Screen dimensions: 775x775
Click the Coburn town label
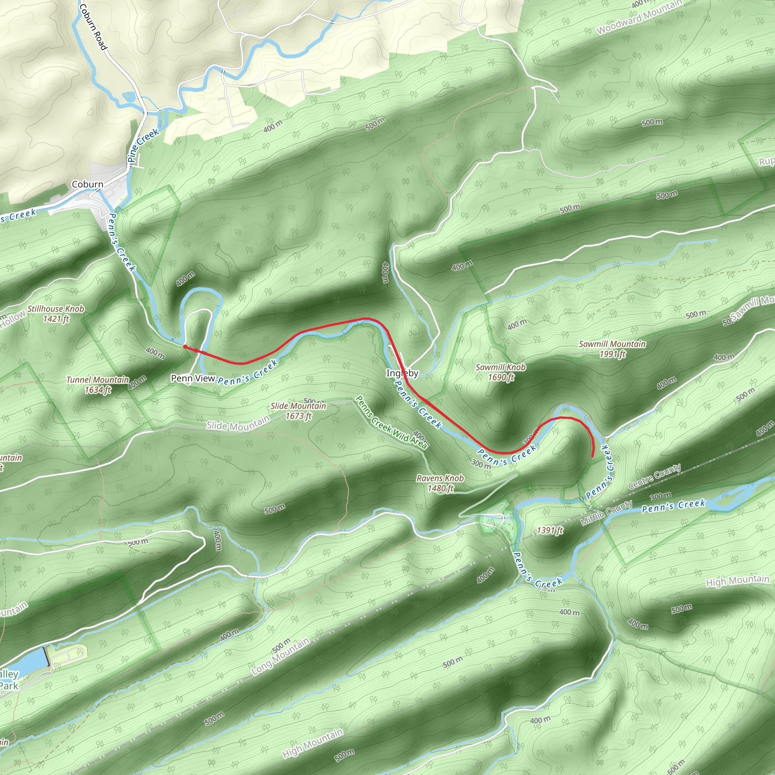pyautogui.click(x=87, y=185)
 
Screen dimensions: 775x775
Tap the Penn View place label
pyautogui.click(x=193, y=378)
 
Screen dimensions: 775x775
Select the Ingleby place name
pyautogui.click(x=402, y=373)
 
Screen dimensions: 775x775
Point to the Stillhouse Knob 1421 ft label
pyautogui.click(x=56, y=314)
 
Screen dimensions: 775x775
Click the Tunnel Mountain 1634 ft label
pyautogui.click(x=98, y=385)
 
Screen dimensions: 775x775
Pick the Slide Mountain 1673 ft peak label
pyautogui.click(x=298, y=411)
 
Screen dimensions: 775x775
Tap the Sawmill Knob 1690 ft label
pyautogui.click(x=500, y=372)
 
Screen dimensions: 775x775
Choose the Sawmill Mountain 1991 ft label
pyautogui.click(x=612, y=349)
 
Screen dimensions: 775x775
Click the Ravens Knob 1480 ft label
pyautogui.click(x=440, y=483)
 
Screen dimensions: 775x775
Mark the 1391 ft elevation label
pyautogui.click(x=550, y=530)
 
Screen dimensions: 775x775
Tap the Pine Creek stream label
pyautogui.click(x=142, y=145)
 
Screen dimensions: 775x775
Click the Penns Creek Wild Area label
pyautogui.click(x=392, y=422)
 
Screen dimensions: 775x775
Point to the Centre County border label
pyautogui.click(x=654, y=476)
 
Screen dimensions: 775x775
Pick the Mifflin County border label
pyautogui.click(x=606, y=513)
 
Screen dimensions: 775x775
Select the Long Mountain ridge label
pyautogui.click(x=280, y=656)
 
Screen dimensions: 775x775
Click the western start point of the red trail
pyautogui.click(x=185, y=346)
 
